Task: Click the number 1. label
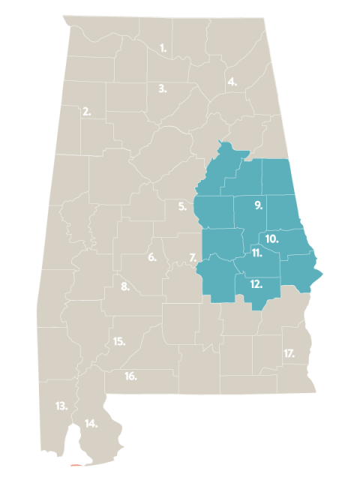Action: tap(163, 49)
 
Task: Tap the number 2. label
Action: tap(87, 112)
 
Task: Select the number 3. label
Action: tap(162, 88)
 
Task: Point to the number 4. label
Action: tap(232, 82)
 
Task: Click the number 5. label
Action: tap(182, 207)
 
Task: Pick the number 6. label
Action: tap(152, 257)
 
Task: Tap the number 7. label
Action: tap(193, 257)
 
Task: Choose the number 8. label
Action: tap(125, 286)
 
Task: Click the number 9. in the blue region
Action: tap(257, 205)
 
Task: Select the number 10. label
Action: tap(272, 238)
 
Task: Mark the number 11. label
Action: tap(256, 253)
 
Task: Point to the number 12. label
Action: tap(256, 283)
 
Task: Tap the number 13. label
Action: tap(61, 406)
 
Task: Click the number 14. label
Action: tap(91, 424)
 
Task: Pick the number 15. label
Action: tap(118, 341)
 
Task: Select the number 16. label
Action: tap(130, 376)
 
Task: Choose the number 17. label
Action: tap(289, 352)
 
